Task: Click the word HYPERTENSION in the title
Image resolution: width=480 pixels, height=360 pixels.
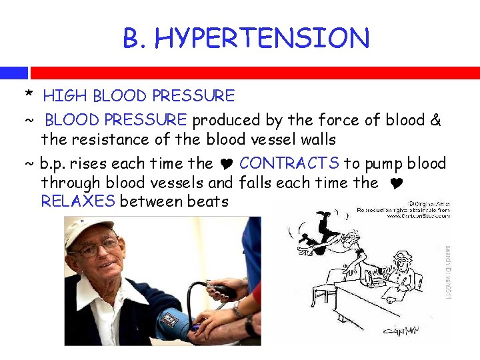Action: tap(262, 39)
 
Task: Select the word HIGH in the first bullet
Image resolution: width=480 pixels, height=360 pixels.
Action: tap(66, 96)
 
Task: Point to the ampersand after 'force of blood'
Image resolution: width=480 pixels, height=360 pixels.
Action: tap(435, 120)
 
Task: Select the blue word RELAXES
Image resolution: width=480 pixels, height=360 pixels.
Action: tap(78, 201)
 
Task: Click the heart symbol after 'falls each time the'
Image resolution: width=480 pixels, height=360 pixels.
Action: tap(391, 183)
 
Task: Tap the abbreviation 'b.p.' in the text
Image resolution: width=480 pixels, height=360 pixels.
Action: tap(56, 164)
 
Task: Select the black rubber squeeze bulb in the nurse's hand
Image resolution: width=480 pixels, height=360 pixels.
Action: tap(223, 291)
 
